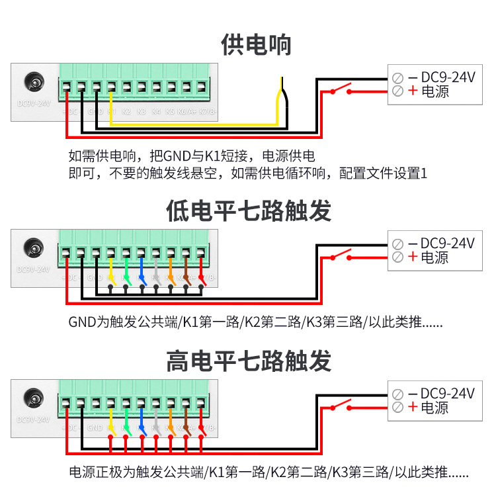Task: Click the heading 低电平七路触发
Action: coord(248,211)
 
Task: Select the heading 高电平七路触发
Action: coord(248,361)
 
